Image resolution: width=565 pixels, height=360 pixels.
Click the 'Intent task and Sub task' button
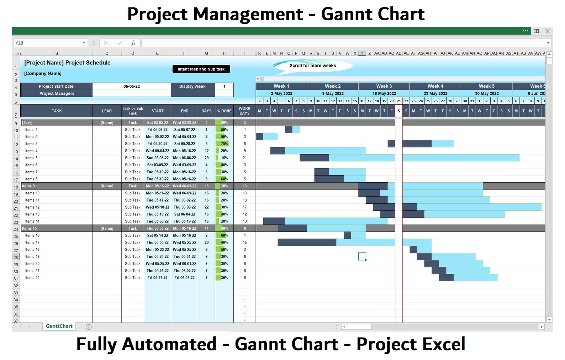(x=201, y=69)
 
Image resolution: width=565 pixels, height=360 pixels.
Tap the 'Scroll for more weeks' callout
(x=312, y=66)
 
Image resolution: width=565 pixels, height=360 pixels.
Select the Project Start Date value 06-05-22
(x=131, y=86)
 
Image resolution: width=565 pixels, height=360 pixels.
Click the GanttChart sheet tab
(x=59, y=326)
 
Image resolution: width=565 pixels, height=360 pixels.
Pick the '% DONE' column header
(x=224, y=111)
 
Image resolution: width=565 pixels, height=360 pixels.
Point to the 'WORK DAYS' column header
(x=244, y=111)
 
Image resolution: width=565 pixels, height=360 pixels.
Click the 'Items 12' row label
(x=32, y=207)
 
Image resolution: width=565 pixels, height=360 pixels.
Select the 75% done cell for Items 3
(x=224, y=144)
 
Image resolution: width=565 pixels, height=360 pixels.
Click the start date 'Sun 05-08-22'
(x=157, y=158)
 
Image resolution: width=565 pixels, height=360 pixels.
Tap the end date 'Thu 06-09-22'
(x=184, y=207)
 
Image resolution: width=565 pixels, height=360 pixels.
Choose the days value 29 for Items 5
(x=206, y=158)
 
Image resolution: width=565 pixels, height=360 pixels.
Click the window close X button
(x=547, y=31)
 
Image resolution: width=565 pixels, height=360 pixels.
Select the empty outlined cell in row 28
(x=362, y=256)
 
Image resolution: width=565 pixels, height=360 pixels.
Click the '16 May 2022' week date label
(x=384, y=93)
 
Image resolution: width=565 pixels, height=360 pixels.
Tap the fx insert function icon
(x=133, y=43)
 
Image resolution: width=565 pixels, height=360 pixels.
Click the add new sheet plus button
(x=89, y=327)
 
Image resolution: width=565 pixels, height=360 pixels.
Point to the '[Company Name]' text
(x=43, y=73)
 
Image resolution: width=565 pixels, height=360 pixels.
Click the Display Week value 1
(x=224, y=86)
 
